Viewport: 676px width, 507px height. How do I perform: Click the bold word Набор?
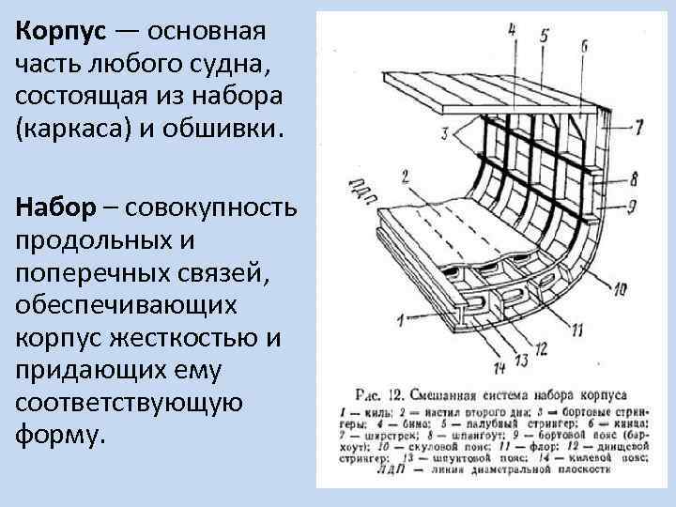point(57,207)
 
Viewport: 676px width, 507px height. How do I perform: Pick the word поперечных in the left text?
point(93,272)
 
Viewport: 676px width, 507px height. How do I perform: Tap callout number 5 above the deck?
point(544,36)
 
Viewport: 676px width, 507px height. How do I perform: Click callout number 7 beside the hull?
point(638,127)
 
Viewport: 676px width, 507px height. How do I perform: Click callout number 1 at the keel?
point(401,321)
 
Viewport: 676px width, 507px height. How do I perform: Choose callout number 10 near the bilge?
point(619,291)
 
